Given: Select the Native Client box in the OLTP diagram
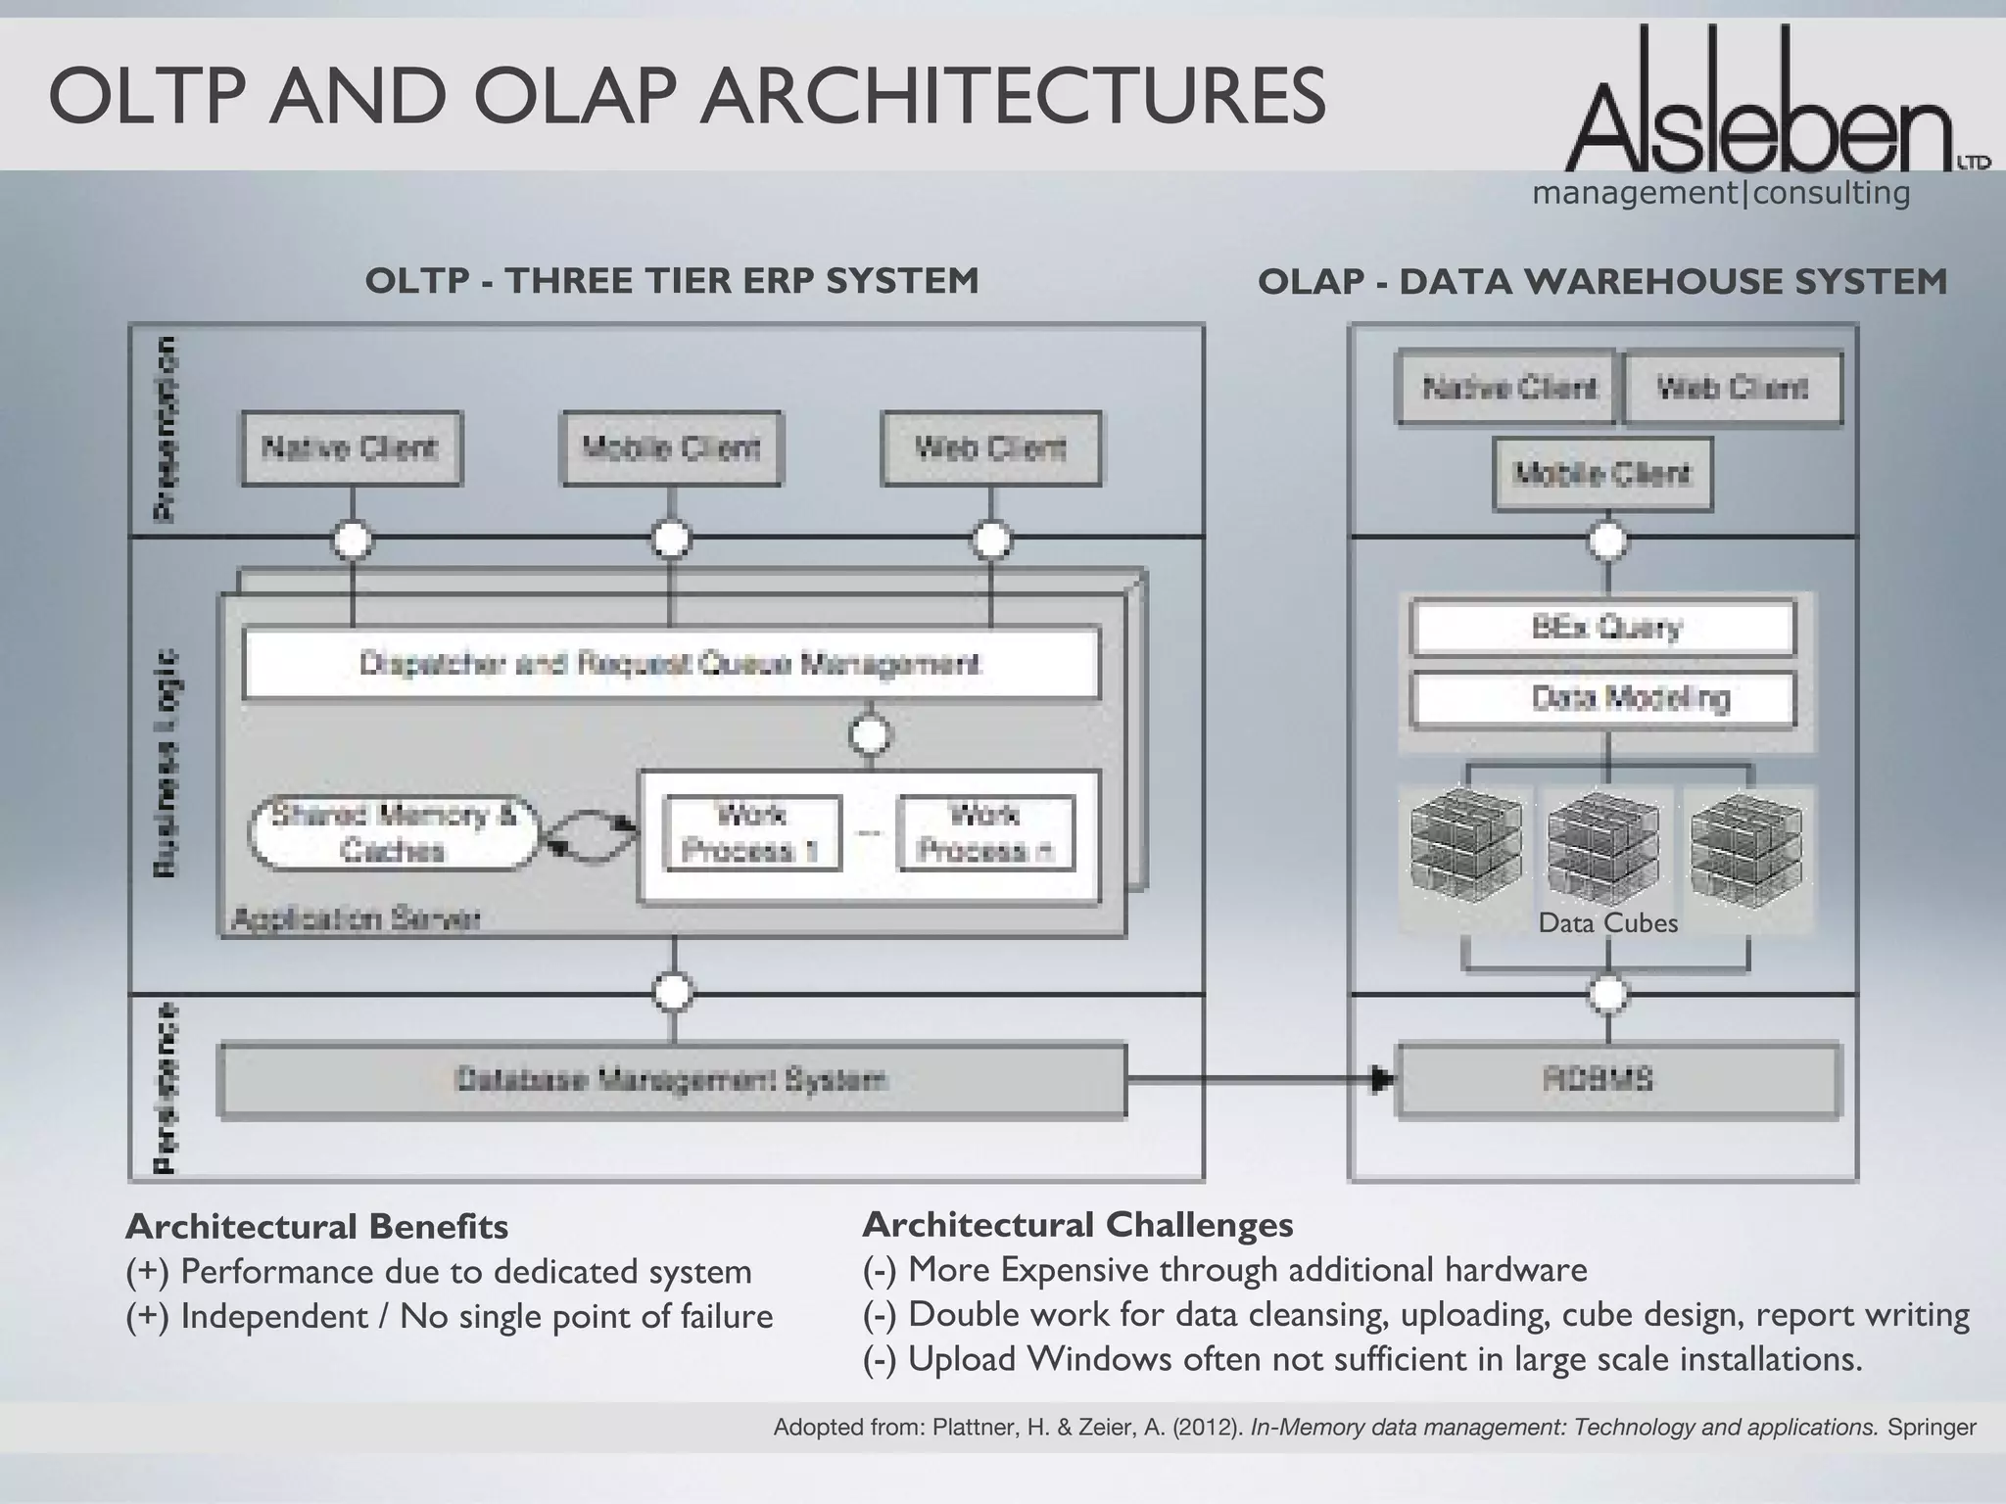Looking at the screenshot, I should click(351, 448).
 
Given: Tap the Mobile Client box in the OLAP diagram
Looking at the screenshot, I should click(1602, 475).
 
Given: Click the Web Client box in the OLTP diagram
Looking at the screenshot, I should click(990, 448).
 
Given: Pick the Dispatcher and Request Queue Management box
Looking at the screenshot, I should click(671, 664).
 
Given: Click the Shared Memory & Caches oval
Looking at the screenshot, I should click(393, 833).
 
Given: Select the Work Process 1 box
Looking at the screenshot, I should click(751, 833).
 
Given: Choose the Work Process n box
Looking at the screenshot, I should click(984, 833).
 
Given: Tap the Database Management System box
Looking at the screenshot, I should click(672, 1081).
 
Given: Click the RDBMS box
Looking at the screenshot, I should click(1618, 1081).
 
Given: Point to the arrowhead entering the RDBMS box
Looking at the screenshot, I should click(1382, 1081).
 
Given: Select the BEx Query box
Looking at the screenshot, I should click(1603, 627).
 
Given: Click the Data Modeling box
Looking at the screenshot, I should click(1603, 698).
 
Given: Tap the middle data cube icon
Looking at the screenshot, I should click(1604, 847).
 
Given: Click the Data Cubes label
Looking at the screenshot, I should click(1607, 923).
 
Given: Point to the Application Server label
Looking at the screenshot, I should click(356, 919).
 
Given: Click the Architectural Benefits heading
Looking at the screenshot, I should click(316, 1226).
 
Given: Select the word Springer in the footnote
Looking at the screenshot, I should click(1932, 1428).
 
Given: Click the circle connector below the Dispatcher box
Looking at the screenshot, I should click(870, 734).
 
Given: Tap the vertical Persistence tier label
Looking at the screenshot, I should click(167, 1087).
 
